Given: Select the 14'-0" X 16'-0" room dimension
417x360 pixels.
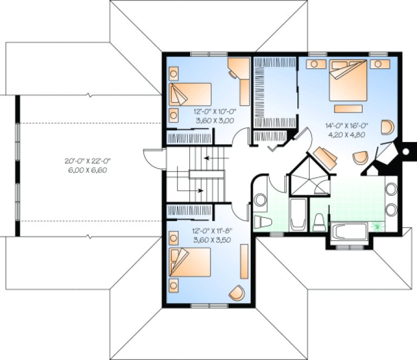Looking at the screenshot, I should pos(343,126).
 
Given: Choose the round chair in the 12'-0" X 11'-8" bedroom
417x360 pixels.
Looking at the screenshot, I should pos(237,293).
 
